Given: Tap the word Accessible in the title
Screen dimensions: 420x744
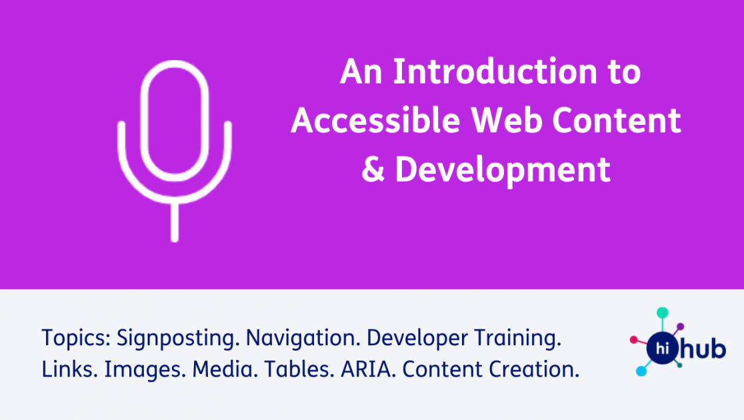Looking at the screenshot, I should pyautogui.click(x=375, y=122).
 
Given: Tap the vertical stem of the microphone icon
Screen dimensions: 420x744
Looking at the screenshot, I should pyautogui.click(x=175, y=220).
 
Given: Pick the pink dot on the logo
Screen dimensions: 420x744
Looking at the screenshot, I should pyautogui.click(x=633, y=339).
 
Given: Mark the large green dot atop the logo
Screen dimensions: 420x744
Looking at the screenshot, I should pyautogui.click(x=662, y=312).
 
